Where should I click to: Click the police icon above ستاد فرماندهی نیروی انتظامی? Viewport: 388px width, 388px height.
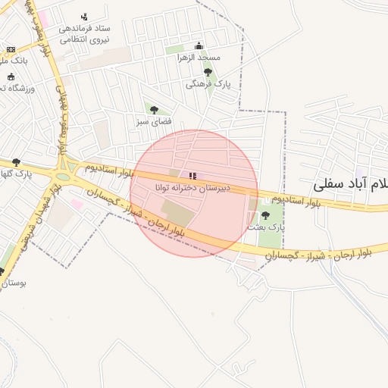[x=84, y=16]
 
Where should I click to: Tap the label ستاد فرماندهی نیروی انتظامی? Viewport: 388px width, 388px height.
[x=84, y=33]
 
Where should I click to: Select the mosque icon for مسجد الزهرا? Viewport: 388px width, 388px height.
[x=199, y=45]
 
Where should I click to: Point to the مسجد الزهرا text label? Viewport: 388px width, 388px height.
[x=199, y=58]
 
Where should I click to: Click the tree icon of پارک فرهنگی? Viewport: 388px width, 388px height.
[x=208, y=72]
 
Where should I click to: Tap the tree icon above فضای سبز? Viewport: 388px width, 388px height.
[x=155, y=110]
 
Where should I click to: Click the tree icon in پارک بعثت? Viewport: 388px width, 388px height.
[x=264, y=215]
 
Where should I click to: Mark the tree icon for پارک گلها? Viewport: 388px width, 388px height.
[x=17, y=162]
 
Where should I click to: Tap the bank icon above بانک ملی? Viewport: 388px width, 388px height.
[x=11, y=49]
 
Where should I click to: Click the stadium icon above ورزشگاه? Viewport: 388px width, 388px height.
[x=11, y=77]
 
